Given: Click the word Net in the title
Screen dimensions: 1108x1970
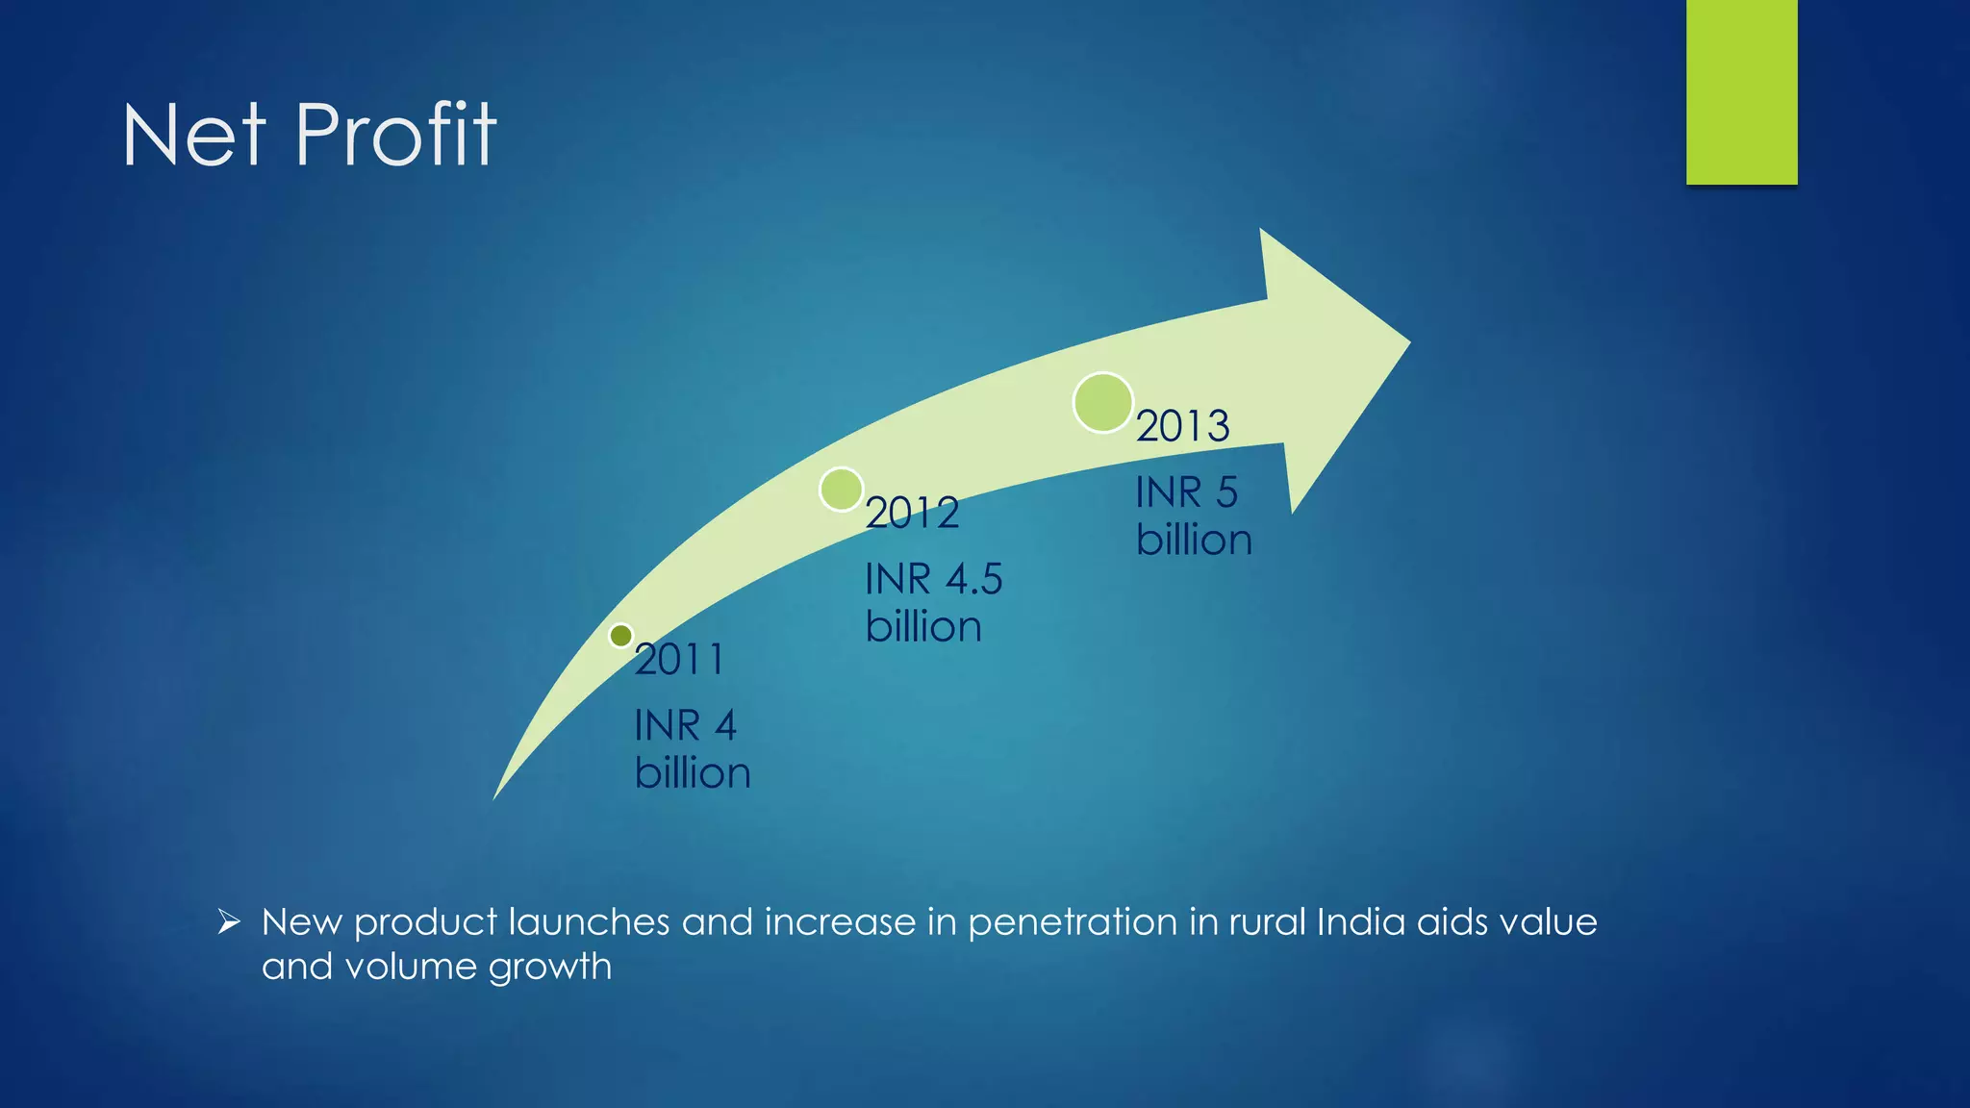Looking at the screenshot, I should [x=193, y=136].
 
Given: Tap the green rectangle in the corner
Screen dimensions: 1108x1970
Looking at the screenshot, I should [x=1741, y=91].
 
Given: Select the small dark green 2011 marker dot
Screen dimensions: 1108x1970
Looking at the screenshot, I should [x=621, y=636].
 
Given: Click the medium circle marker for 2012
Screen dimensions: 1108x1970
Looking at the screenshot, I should [x=842, y=490].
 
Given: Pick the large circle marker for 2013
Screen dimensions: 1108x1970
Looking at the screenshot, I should [x=1102, y=402].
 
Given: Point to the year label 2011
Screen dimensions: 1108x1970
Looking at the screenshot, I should [x=679, y=660].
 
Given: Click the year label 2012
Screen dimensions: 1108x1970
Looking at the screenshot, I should [x=912, y=513].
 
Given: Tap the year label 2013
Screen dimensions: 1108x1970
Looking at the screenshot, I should [x=1182, y=426].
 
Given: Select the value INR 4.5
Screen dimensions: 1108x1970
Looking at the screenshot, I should [x=933, y=579].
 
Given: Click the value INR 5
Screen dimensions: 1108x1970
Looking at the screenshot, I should [x=1186, y=492].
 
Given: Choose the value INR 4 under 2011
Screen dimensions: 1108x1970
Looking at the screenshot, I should [x=685, y=725].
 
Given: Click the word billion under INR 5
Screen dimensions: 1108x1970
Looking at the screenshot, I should [x=1194, y=540].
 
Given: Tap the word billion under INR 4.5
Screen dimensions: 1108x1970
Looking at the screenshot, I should [x=923, y=627].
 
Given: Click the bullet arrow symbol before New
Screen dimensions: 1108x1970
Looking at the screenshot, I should [x=229, y=922].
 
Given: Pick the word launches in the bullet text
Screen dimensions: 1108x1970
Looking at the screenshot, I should [x=588, y=921].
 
